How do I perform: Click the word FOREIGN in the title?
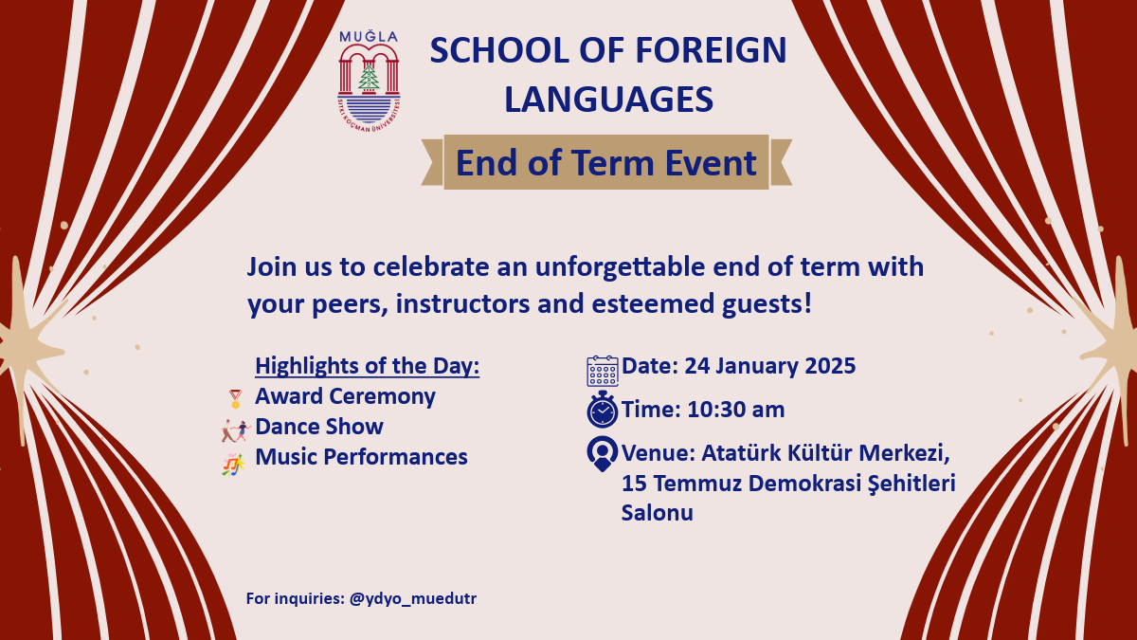click(x=711, y=50)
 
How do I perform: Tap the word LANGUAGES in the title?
click(x=608, y=99)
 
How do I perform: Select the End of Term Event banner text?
click(x=606, y=162)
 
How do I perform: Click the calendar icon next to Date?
click(x=603, y=372)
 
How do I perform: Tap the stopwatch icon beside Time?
click(x=603, y=410)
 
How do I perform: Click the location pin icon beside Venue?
click(x=603, y=453)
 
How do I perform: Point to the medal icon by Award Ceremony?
click(x=235, y=399)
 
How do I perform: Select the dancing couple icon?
click(x=235, y=430)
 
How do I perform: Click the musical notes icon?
click(x=233, y=465)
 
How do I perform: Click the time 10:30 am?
click(x=736, y=410)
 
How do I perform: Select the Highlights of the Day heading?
click(x=367, y=366)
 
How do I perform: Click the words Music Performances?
click(x=361, y=456)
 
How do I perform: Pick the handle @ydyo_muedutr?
click(x=413, y=598)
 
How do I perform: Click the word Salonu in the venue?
click(x=658, y=513)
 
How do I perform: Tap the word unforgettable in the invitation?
click(x=621, y=267)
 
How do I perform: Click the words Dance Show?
click(x=319, y=426)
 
